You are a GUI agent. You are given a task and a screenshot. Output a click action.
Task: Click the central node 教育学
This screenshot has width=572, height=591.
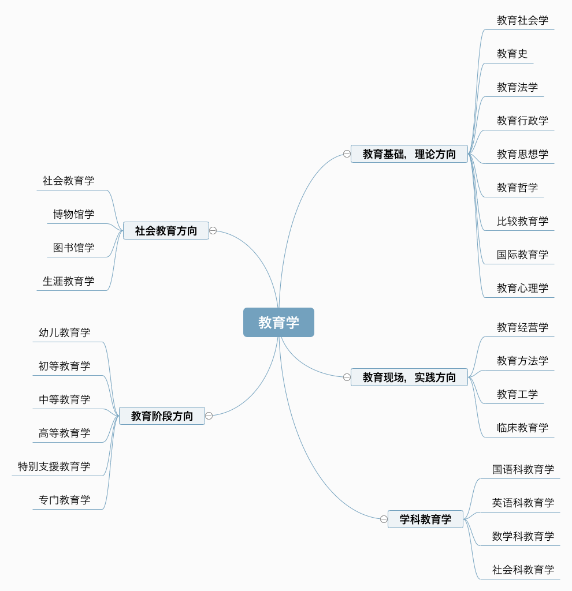point(278,322)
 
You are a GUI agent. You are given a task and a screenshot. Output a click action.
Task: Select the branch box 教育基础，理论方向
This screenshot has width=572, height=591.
point(409,154)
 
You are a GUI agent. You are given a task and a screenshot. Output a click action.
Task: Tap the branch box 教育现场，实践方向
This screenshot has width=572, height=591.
point(409,377)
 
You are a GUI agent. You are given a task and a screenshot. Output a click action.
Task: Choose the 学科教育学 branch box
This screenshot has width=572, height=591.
point(425,519)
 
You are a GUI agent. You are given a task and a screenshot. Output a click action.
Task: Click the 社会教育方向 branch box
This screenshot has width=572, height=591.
point(166,231)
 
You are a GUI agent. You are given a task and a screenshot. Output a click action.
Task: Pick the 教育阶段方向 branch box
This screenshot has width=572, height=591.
point(162,416)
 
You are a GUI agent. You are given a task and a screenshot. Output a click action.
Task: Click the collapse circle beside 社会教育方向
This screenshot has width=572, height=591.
point(213,231)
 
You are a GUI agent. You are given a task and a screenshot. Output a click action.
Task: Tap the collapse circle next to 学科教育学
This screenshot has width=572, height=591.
point(384,519)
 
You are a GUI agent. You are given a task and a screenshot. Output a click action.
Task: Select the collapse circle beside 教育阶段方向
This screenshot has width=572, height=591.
point(209,416)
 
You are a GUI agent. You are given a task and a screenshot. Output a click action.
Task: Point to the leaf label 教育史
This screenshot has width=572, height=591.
point(512,54)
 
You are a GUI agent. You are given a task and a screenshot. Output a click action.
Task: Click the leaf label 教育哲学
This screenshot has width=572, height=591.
point(517,188)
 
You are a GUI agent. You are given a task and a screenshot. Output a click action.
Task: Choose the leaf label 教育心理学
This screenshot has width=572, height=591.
point(522,288)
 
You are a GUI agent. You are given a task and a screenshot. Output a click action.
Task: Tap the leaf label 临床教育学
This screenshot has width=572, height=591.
point(522,428)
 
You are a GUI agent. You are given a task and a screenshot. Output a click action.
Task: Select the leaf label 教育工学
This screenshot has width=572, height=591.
point(517,394)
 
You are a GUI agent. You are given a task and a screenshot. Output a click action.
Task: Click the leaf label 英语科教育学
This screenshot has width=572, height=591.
point(523,503)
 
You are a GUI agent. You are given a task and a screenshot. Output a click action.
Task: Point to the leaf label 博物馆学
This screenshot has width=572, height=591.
point(73,214)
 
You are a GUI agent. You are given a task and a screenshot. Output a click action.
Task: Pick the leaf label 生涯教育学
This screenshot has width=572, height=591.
point(68,281)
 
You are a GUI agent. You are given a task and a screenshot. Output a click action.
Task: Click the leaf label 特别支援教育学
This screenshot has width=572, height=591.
point(54,466)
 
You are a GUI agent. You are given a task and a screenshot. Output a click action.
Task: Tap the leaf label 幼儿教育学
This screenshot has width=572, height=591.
point(64,332)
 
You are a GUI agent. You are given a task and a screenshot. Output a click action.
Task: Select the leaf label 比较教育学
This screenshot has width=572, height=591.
point(522,221)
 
